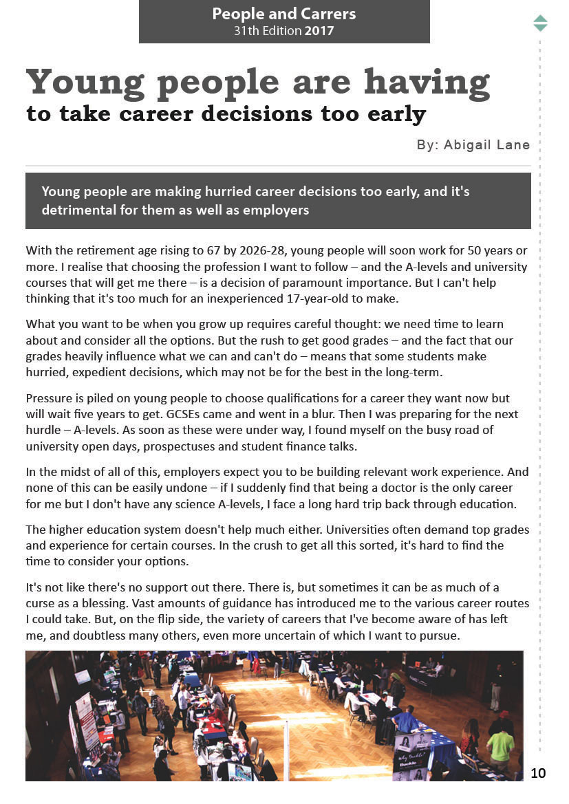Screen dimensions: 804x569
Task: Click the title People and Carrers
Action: [283, 14]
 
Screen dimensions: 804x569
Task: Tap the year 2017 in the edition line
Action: [319, 31]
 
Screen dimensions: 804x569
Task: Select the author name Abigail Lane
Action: [487, 144]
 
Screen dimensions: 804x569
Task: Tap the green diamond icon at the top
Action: [540, 23]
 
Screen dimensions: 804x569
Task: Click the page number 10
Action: [538, 773]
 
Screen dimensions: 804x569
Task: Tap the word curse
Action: [39, 604]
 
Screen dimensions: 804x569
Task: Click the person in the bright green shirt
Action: [500, 745]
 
